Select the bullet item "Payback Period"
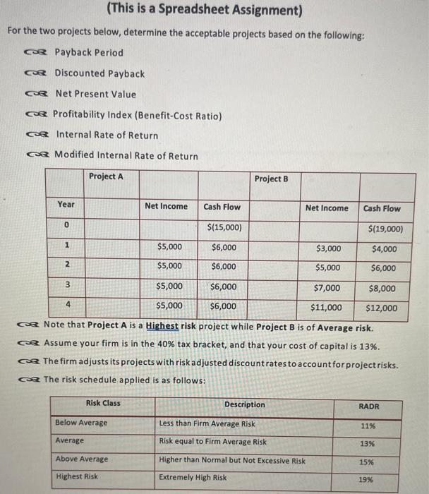point(88,52)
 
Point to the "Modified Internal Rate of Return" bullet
point(126,155)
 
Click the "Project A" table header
point(107,176)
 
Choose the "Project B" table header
point(271,179)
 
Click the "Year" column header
point(66,204)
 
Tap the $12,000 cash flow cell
point(382,308)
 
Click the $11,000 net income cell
point(326,308)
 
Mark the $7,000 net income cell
point(327,288)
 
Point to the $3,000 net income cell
point(328,248)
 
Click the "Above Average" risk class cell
point(82,459)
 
